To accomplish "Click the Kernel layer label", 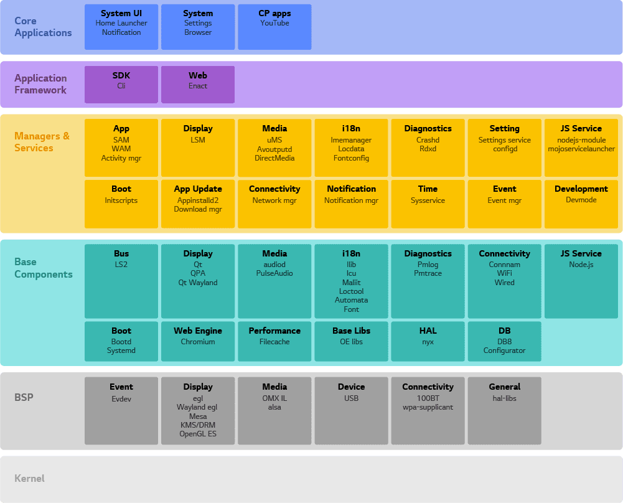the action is point(29,478).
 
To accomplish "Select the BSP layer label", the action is point(24,397).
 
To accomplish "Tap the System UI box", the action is point(121,27).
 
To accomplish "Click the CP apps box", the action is point(274,27).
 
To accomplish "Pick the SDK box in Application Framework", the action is point(121,85).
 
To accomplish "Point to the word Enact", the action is point(198,86).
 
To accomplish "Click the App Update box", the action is point(198,204).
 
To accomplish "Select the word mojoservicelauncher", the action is point(581,149).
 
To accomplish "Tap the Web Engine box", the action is point(198,341).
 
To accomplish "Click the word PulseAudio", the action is point(274,273).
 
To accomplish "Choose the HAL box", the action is point(428,341).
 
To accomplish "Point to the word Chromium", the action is point(198,342).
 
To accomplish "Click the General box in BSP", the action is point(505,411).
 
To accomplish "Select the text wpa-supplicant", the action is point(428,407).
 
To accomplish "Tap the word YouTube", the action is point(274,23).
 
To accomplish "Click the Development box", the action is point(581,204).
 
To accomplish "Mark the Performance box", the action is point(274,341).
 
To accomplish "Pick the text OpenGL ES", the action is point(198,434).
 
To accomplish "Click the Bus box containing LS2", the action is point(121,281).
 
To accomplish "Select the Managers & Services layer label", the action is point(42,142).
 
